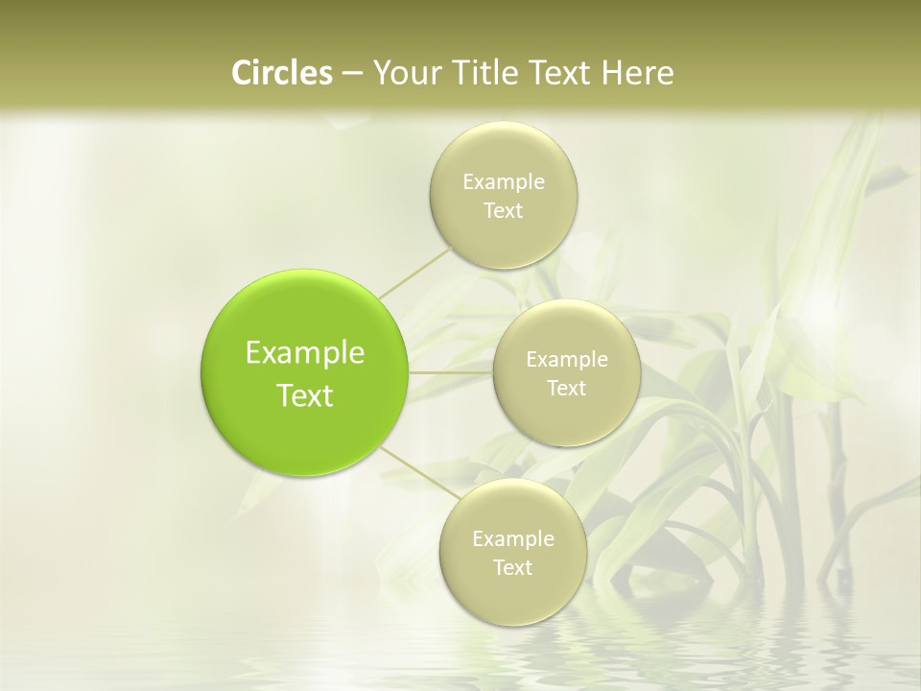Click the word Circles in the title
[x=281, y=73]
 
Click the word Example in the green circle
[x=305, y=353]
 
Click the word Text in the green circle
[x=305, y=395]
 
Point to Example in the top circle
[x=504, y=182]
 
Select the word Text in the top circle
[x=504, y=211]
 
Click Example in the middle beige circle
[x=567, y=360]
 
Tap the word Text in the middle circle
[x=567, y=389]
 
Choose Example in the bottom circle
[x=513, y=539]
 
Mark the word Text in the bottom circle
[x=513, y=568]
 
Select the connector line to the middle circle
[x=451, y=372]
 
